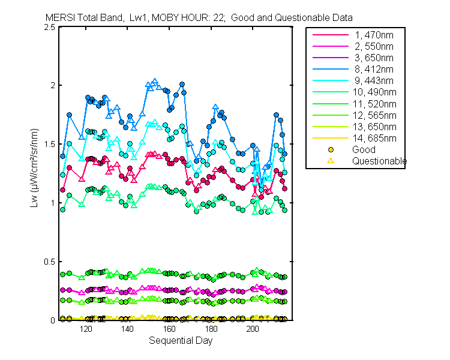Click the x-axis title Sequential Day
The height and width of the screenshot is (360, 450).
click(x=180, y=341)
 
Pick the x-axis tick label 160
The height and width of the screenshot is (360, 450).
click(x=169, y=329)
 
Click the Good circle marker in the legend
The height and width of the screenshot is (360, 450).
click(x=331, y=149)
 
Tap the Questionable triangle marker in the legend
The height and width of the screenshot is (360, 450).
click(x=331, y=161)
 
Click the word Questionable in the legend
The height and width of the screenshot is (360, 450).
click(x=379, y=161)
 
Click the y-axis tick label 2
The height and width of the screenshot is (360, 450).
click(x=53, y=86)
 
